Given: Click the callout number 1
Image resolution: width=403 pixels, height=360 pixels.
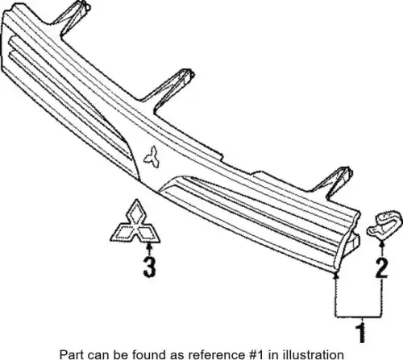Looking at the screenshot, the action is tap(361, 333).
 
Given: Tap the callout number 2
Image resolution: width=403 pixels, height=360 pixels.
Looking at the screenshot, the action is tap(382, 267).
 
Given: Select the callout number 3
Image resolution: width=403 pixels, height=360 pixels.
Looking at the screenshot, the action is tap(149, 267).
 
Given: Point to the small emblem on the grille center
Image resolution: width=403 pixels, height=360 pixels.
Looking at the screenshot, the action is tap(152, 157).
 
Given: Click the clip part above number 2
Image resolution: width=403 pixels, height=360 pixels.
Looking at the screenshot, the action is tap(384, 223).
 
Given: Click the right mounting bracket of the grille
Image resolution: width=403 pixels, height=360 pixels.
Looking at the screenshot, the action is tap(332, 183).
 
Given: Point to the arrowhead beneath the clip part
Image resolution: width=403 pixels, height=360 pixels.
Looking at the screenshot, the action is tap(382, 243).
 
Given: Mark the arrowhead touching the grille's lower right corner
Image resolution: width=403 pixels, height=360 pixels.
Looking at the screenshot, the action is tap(335, 275).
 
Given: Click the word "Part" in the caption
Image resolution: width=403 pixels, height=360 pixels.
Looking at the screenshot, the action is tap(69, 354).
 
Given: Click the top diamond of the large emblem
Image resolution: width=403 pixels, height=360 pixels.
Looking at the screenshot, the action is tap(136, 212).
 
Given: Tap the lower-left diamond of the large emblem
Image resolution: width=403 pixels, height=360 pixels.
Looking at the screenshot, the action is tap(123, 233).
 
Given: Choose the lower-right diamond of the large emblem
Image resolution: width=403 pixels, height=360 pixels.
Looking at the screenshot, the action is tap(147, 233).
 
